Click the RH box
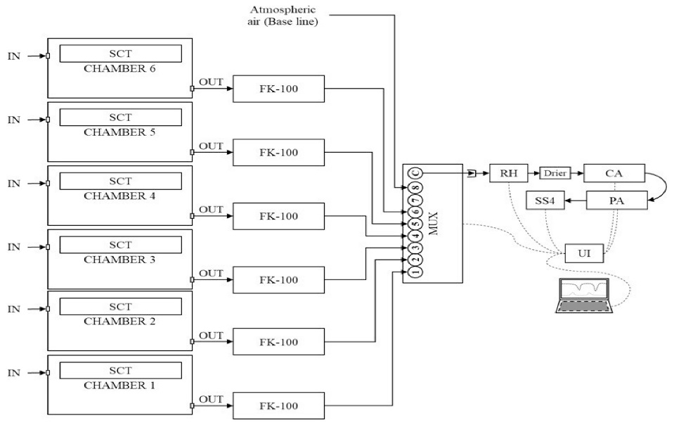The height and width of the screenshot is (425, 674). (x=508, y=172)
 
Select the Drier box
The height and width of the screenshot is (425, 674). (x=555, y=172)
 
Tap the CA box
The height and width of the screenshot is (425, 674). (x=614, y=172)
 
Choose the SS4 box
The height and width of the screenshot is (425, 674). (x=545, y=201)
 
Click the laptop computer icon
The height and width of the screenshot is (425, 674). (x=585, y=296)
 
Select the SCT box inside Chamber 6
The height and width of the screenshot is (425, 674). (x=120, y=54)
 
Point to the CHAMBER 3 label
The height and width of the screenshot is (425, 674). (x=120, y=259)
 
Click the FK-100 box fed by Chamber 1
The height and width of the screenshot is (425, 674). (x=278, y=406)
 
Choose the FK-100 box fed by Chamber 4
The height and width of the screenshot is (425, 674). (x=278, y=216)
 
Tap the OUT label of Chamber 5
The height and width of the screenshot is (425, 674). (x=211, y=146)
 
